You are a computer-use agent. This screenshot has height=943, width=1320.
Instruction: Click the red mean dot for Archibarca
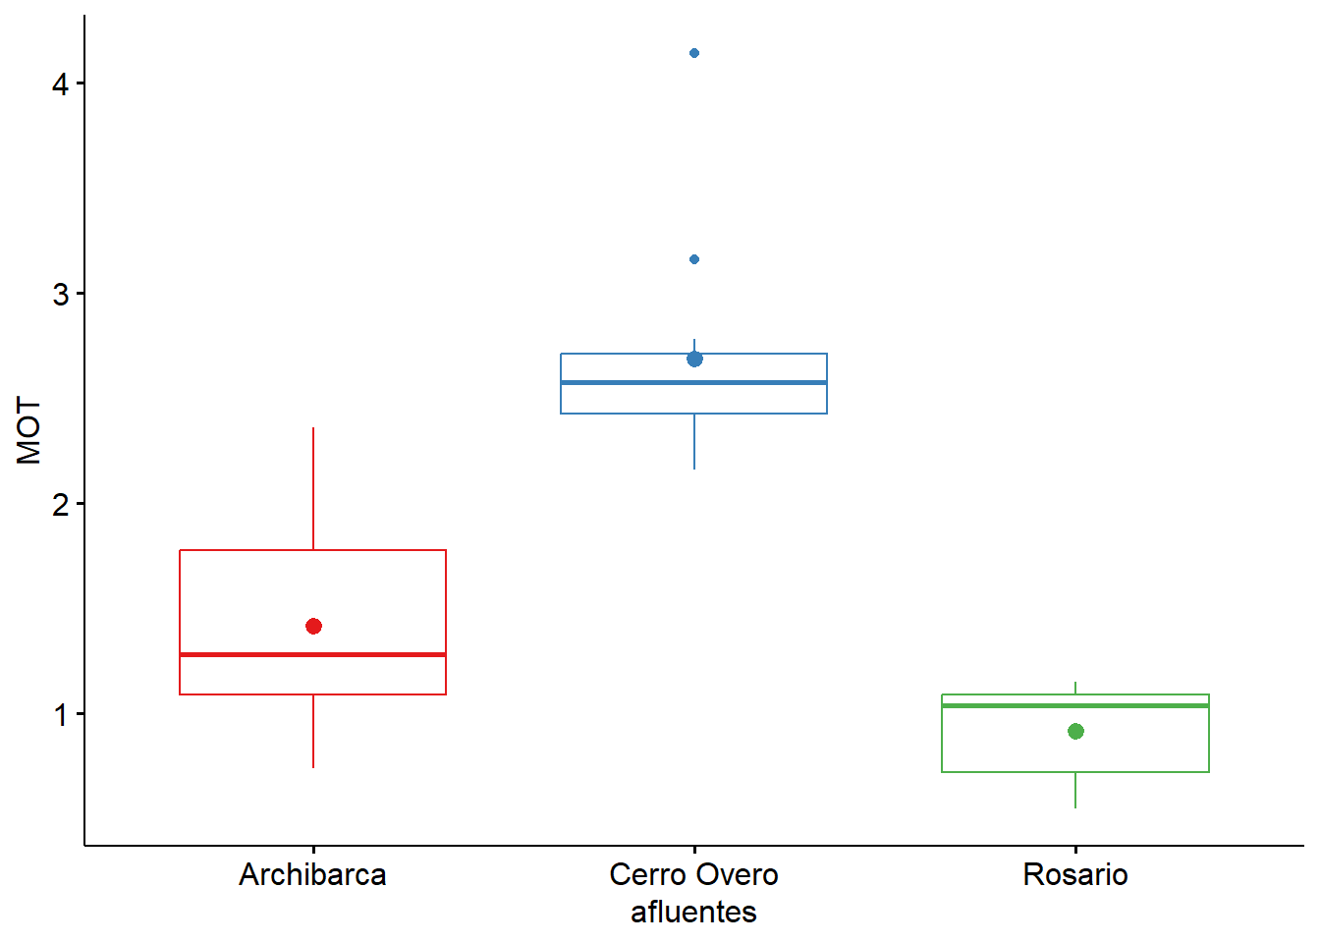(x=313, y=627)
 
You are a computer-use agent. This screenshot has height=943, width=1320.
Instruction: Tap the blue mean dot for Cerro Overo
(x=694, y=360)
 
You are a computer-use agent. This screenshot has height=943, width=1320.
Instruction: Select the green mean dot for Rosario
(x=1075, y=732)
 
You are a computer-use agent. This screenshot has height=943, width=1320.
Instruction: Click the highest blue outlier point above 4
(x=694, y=53)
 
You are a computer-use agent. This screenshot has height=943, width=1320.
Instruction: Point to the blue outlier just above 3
(x=694, y=259)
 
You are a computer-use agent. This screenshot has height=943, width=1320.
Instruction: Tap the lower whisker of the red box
(x=313, y=732)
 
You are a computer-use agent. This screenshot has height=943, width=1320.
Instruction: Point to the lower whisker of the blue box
(x=694, y=442)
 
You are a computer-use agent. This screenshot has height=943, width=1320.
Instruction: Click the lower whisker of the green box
(x=1075, y=791)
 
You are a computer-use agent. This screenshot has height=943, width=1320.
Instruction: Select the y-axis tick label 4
(x=61, y=84)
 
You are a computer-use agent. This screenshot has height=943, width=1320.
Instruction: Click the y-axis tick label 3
(x=61, y=295)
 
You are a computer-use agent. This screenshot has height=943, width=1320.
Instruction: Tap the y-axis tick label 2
(x=61, y=505)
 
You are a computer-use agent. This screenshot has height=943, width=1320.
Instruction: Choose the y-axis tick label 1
(x=61, y=715)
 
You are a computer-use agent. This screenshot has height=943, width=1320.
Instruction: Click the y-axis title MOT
(x=29, y=430)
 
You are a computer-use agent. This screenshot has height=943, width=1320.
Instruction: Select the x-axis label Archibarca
(x=313, y=875)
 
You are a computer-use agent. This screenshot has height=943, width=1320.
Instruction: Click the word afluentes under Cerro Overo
(x=694, y=913)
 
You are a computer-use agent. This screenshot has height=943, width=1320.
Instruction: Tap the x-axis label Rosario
(x=1075, y=875)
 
